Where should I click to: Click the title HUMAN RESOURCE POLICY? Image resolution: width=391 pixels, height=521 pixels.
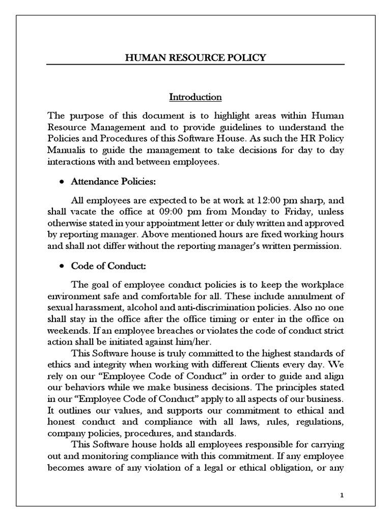[195, 57]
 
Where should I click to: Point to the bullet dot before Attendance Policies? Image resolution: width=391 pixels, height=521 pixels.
[62, 181]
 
